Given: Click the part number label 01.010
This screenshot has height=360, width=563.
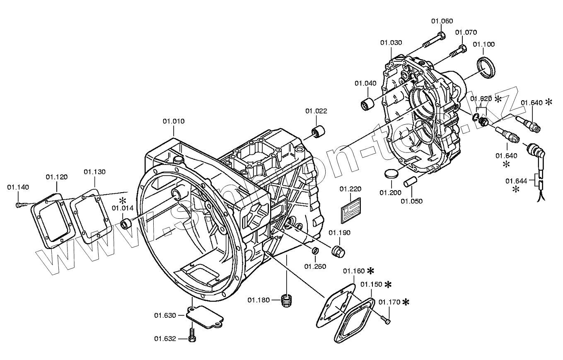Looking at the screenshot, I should point(173,121).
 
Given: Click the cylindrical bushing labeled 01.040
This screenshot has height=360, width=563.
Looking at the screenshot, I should point(367,104).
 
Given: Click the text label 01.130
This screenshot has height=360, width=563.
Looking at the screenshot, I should point(94,172).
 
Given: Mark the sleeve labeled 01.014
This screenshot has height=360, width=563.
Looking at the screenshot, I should point(126,225).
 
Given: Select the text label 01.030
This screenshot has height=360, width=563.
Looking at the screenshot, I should point(391,43).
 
